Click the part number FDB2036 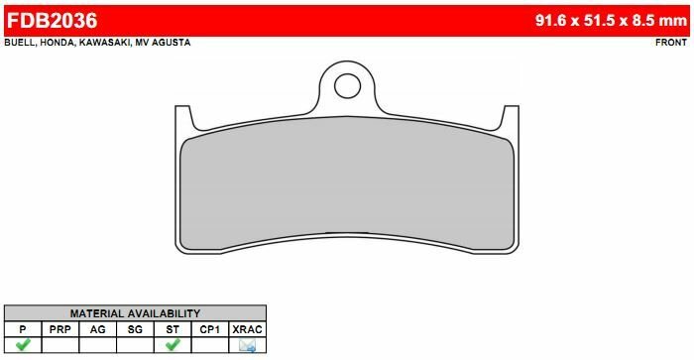(x=53, y=18)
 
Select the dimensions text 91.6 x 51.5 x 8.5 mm (x=610, y=18)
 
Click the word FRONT (x=672, y=43)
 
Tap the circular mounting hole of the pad (x=347, y=86)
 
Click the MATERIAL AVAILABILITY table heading (x=135, y=313)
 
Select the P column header (x=23, y=328)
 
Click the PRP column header (x=60, y=328)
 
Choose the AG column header (x=98, y=328)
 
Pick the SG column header (x=135, y=328)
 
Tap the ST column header (x=173, y=328)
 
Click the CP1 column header (x=210, y=328)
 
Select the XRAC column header (x=247, y=328)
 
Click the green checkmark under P (x=23, y=345)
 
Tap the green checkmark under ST (x=173, y=345)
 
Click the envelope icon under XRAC (x=247, y=345)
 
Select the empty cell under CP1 (x=210, y=345)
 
